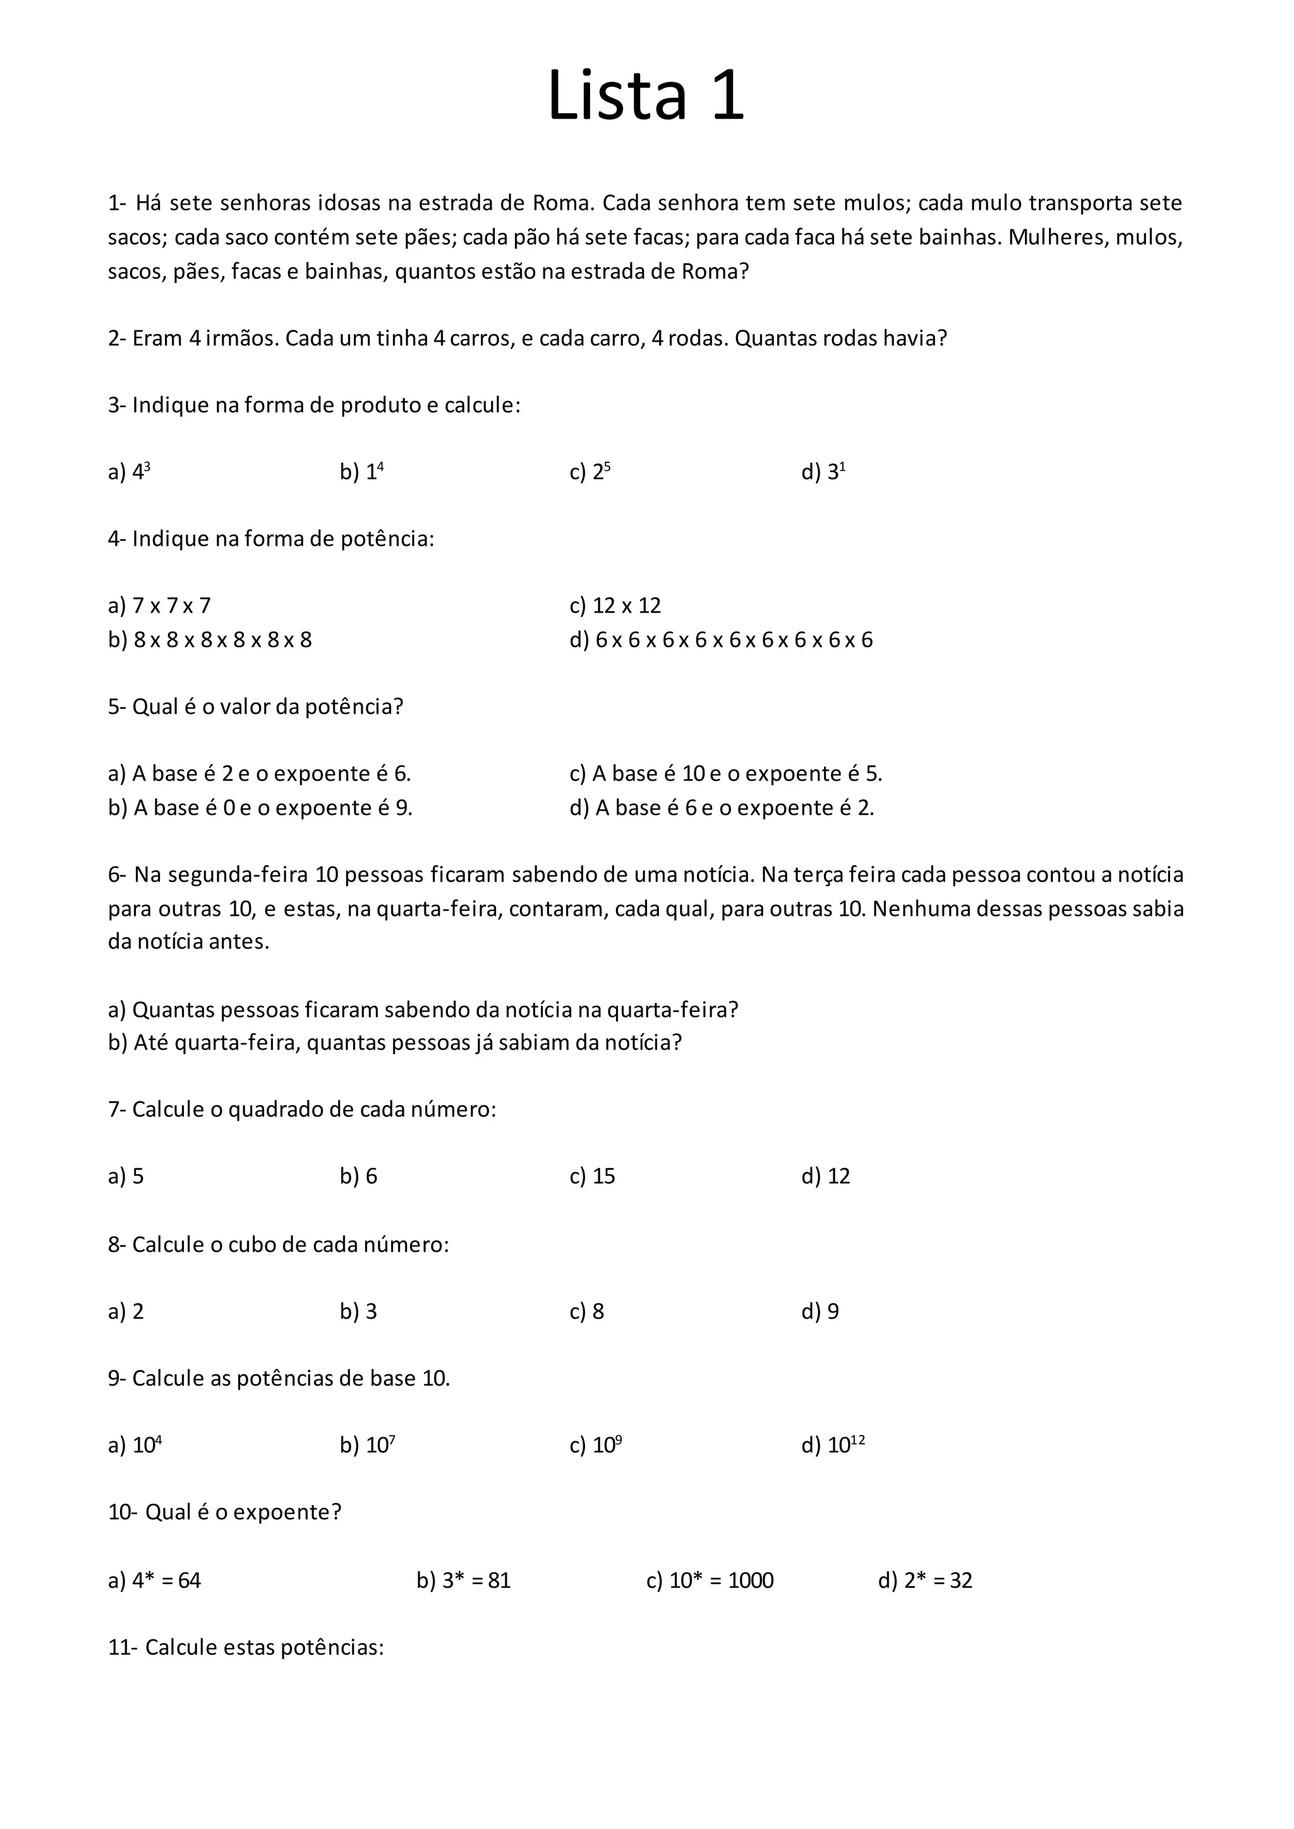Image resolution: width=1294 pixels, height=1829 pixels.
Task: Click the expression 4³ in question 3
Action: [141, 472]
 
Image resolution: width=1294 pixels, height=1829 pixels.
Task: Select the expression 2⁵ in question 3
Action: [602, 472]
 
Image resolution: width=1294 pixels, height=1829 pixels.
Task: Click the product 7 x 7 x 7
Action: [172, 606]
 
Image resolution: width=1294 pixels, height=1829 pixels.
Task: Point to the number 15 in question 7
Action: [604, 1177]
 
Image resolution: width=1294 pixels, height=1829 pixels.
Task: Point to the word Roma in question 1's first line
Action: [562, 203]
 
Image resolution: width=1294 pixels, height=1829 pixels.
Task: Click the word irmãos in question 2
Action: [242, 339]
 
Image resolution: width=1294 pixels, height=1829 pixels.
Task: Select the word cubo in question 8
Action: [252, 1244]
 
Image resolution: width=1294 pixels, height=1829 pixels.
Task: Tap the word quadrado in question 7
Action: [272, 1110]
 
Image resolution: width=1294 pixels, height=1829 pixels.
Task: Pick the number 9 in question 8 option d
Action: [833, 1311]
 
